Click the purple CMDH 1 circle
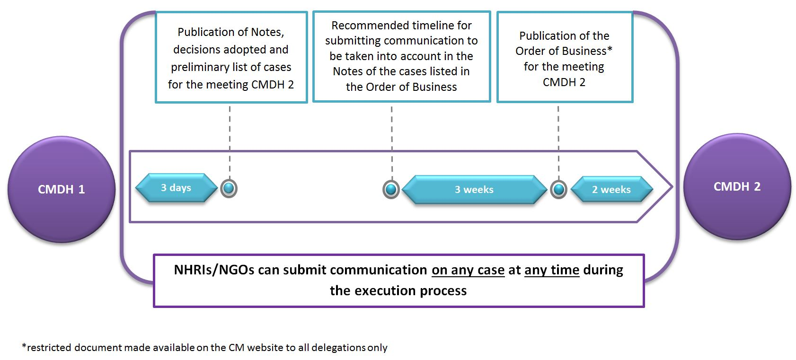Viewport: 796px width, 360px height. pos(62,189)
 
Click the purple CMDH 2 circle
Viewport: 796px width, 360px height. pos(737,186)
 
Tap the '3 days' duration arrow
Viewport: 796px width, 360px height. pos(176,188)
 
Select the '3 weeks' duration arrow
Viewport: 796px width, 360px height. pos(474,190)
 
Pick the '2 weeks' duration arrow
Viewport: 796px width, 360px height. pos(611,190)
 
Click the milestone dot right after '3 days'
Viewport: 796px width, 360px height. pos(229,188)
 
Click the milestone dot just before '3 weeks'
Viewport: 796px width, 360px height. pos(391,190)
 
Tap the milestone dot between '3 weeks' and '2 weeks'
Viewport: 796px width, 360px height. pos(558,190)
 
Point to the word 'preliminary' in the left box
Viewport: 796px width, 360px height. pos(197,67)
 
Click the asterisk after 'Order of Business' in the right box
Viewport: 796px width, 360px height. pos(610,49)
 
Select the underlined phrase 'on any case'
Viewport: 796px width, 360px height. pos(468,270)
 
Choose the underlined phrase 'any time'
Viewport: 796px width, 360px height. pos(552,270)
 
